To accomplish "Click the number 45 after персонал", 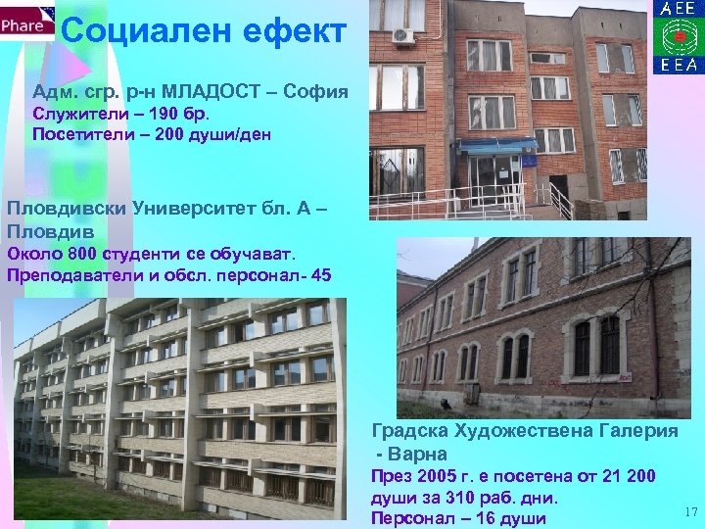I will click(320, 274).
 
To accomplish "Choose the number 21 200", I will click(650, 475).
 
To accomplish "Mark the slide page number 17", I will click(687, 511).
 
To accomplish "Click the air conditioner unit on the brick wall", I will click(402, 36).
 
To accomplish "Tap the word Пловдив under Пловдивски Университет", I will click(50, 231).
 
